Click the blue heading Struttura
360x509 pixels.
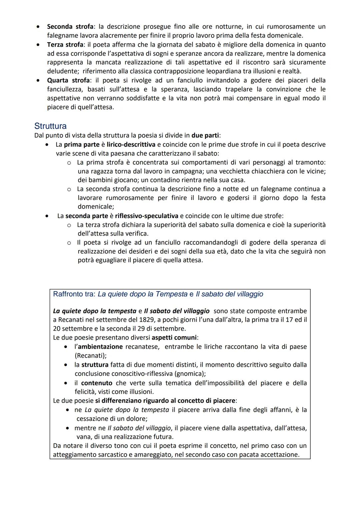[50, 126]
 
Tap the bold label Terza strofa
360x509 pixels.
[65, 45]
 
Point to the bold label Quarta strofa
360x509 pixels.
[68, 80]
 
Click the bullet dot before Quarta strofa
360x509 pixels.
[39, 80]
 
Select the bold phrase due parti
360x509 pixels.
[205, 135]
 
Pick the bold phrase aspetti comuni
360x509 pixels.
[174, 337]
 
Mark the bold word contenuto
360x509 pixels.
[97, 383]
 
